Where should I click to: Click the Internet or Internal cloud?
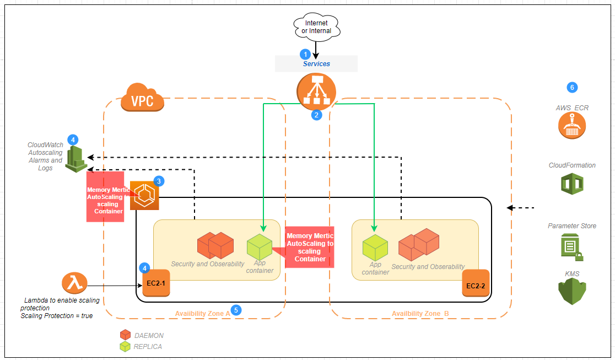(316, 27)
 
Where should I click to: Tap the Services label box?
(316, 63)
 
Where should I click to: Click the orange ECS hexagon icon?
(144, 195)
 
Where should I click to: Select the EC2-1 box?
(156, 283)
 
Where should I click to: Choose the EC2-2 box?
(476, 283)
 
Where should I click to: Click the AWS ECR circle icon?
(571, 126)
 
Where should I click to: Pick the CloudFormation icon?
(571, 184)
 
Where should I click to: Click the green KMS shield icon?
(571, 291)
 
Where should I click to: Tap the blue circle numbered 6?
(571, 87)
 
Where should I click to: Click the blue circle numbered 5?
(236, 310)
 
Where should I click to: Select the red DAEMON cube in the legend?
(125, 335)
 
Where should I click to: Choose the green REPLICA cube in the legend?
(125, 346)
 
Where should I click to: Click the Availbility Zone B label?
(420, 314)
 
